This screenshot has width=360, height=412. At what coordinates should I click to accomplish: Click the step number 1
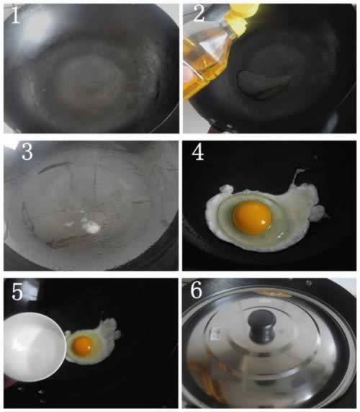coord(16,15)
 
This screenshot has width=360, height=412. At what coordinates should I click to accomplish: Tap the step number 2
coord(199,13)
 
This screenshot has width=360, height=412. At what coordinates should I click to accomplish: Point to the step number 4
coord(198,152)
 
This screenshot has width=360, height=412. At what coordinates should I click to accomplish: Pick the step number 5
coord(17,292)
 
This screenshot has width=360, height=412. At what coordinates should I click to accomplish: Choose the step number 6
coord(196,290)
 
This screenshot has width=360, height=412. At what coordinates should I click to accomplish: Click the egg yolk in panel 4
coord(252,218)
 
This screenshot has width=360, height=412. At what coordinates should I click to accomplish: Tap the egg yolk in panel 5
coord(83,346)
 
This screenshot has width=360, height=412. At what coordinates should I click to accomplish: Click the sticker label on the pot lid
coord(217,333)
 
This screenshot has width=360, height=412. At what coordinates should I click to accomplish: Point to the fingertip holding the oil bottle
coord(188,75)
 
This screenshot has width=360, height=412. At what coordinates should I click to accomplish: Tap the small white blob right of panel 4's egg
coord(319,212)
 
